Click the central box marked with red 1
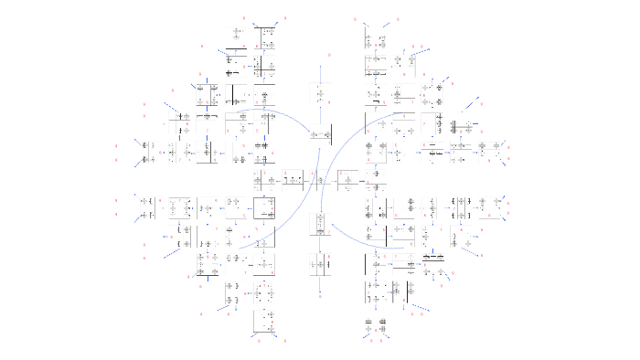[x=320, y=180]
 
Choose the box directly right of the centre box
[x=348, y=181]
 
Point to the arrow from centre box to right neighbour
[x=334, y=181]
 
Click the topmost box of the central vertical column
[x=320, y=94]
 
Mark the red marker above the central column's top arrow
[x=320, y=55]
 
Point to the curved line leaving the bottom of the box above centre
[x=302, y=210]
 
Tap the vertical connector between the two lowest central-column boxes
[x=320, y=245]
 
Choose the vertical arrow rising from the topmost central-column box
[x=320, y=73]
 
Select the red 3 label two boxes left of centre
[x=262, y=173]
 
